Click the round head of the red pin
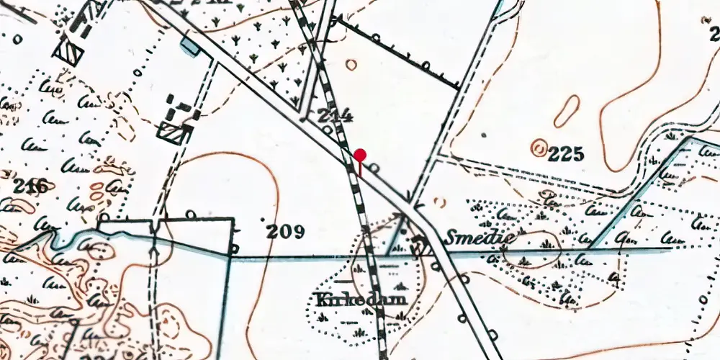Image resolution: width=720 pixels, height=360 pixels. (x=360, y=154)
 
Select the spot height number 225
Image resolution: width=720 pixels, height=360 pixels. (x=565, y=153)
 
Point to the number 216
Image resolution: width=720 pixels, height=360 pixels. (x=32, y=187)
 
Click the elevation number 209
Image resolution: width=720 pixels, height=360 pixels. (x=285, y=231)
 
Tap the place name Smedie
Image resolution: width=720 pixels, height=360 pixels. (x=471, y=238)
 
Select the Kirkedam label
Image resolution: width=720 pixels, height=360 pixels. (x=350, y=299)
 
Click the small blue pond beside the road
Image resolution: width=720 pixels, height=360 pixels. (x=190, y=47)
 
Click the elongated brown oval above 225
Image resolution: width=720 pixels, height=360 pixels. (x=567, y=112)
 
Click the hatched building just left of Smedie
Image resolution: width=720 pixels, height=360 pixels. (x=423, y=247)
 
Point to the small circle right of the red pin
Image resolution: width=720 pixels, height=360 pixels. (x=375, y=168)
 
